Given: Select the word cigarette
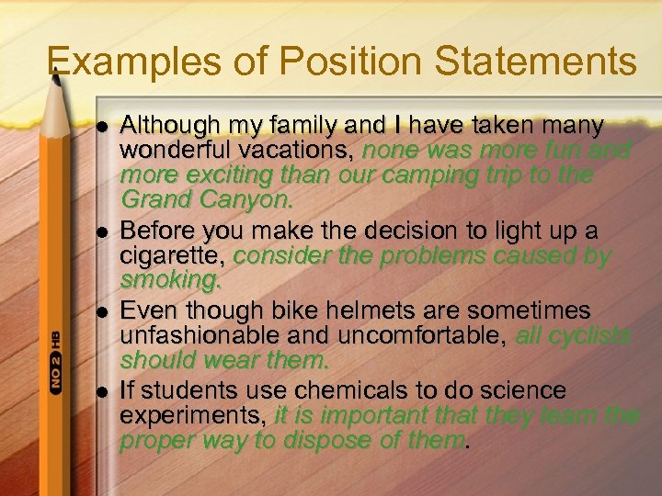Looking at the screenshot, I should point(173,256).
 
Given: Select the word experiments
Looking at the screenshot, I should point(190,416).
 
